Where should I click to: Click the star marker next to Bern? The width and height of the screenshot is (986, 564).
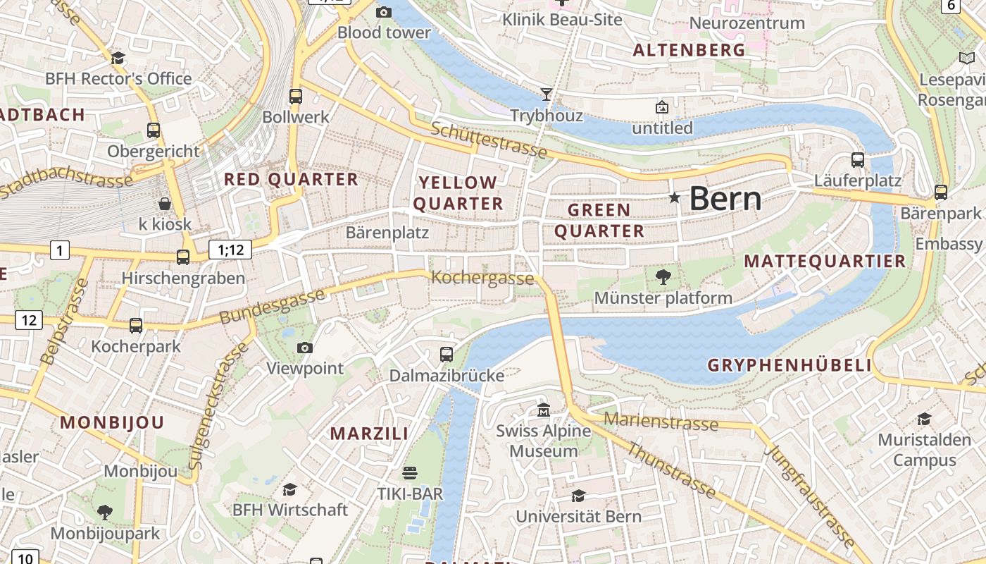pos(675,198)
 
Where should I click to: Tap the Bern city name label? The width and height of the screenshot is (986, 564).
pos(725,200)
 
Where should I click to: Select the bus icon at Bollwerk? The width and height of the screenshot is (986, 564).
pos(296,97)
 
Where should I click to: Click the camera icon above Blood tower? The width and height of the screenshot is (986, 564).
pos(384,12)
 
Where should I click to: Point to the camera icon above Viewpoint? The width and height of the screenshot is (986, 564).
pos(305,348)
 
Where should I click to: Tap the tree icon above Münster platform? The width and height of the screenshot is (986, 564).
pos(663,276)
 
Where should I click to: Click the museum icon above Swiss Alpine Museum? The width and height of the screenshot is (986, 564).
pos(544,410)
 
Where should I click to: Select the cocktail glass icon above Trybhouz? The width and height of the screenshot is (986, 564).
pos(546,94)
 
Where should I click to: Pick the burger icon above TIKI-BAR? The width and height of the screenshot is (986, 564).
pos(410,472)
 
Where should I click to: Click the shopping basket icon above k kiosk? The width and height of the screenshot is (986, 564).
pos(165,204)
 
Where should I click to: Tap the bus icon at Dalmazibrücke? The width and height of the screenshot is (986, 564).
pos(447,355)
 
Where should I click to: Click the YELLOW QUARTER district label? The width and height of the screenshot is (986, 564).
pos(458,193)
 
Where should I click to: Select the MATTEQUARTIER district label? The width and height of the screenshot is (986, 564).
pos(825,262)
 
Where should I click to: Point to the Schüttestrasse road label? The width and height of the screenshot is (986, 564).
pos(489,139)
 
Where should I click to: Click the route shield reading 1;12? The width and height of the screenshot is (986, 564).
pos(230,249)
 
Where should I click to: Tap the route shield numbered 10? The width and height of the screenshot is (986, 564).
pos(25,558)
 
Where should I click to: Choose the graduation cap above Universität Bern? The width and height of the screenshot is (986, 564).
pos(578,496)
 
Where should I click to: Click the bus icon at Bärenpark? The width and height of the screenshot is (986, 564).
pos(941,192)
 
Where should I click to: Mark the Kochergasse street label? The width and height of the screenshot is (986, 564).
pos(482,278)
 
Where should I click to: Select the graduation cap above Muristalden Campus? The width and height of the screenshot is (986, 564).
pos(924,419)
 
